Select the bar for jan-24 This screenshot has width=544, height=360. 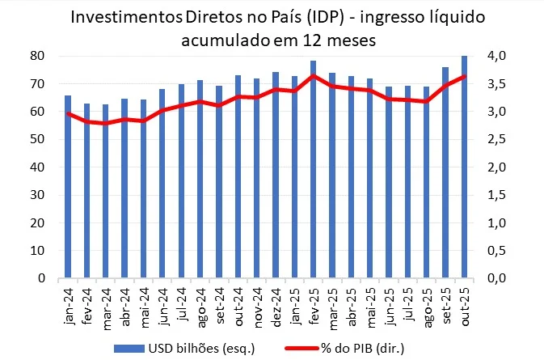tap(68, 187)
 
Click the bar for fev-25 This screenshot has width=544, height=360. tap(312, 170)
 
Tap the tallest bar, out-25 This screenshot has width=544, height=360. tap(463, 167)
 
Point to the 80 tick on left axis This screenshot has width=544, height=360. tap(36, 56)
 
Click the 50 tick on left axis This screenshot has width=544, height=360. tap(36, 139)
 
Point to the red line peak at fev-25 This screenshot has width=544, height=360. tap(312, 76)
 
